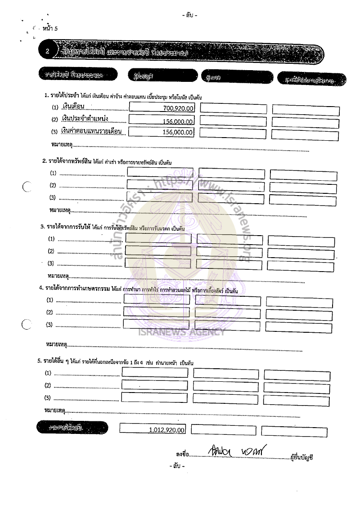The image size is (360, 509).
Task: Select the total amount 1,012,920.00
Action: tap(167, 430)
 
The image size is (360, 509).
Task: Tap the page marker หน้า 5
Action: tap(50, 29)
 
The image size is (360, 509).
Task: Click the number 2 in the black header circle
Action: tap(47, 52)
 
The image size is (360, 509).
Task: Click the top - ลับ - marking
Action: tap(189, 15)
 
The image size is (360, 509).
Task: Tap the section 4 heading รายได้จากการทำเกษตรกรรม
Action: tap(75, 288)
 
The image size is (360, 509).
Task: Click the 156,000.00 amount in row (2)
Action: tap(178, 121)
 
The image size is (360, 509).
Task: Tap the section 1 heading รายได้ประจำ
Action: tap(62, 96)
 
